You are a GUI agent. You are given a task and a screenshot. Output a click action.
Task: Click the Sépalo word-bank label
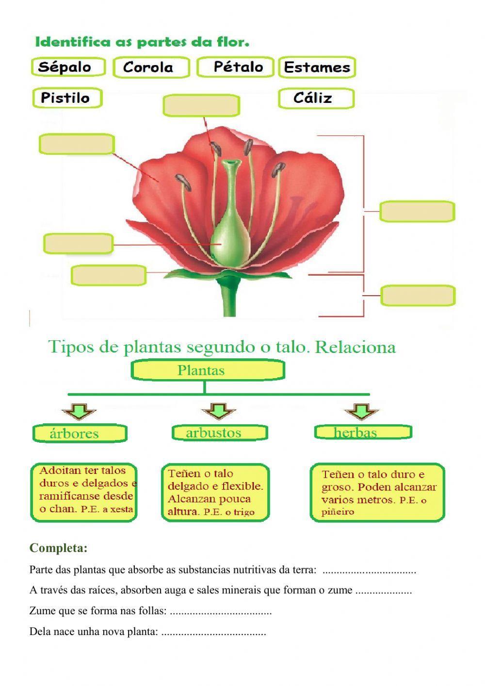(x=68, y=67)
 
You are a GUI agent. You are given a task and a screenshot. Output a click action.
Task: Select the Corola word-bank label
(x=151, y=67)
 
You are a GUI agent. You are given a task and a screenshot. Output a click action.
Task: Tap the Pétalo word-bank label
(x=236, y=67)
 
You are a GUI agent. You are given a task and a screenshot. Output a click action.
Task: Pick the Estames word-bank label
(x=317, y=67)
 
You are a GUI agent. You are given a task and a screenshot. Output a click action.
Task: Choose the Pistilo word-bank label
(x=67, y=98)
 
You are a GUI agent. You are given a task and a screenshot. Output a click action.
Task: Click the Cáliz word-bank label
(x=316, y=99)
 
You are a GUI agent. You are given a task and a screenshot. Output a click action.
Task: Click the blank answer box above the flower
(x=201, y=106)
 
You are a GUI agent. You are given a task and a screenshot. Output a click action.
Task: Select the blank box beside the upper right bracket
(x=417, y=212)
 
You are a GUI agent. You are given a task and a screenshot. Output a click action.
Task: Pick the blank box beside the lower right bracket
(x=418, y=296)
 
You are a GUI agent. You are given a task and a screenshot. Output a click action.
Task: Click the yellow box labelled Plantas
(x=208, y=371)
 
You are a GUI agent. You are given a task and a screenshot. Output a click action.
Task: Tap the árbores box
(x=80, y=433)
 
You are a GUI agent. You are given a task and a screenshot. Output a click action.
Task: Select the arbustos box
(x=219, y=433)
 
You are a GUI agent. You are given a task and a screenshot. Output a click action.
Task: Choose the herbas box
(x=363, y=432)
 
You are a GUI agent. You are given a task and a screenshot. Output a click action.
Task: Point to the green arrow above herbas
(x=362, y=412)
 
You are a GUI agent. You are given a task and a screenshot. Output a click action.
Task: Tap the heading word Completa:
(x=58, y=548)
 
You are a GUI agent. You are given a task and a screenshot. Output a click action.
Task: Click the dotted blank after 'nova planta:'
(x=213, y=633)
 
